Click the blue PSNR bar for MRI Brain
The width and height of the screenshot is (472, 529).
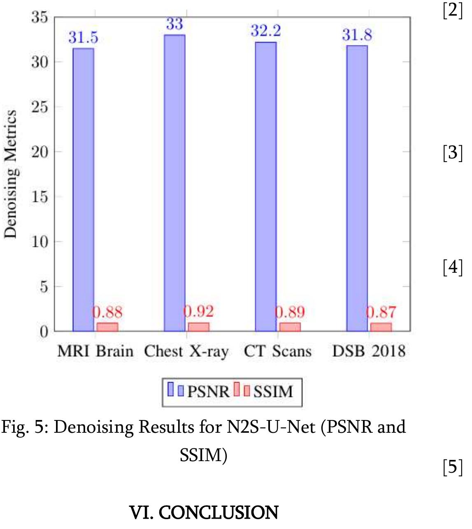pos(83,189)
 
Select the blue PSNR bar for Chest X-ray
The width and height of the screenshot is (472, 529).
pos(174,183)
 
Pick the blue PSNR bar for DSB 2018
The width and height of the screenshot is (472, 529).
pos(357,188)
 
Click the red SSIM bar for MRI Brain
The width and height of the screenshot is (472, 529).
pos(107,327)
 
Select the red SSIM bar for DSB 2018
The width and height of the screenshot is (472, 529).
pos(381,327)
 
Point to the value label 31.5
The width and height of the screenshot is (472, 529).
pos(83,37)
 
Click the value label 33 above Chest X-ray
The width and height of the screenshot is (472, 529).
pos(174,24)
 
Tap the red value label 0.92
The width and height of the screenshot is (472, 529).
pos(199,311)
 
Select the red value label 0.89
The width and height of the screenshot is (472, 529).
pos(290,312)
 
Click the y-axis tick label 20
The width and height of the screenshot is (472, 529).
pos(40,152)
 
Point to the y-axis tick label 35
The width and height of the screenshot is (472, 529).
pos(40,17)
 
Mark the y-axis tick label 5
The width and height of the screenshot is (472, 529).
pos(44,287)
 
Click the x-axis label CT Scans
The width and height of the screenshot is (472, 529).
pos(278,351)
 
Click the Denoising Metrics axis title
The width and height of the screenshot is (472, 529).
pos(10,174)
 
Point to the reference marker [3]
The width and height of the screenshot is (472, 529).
pos(453,153)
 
